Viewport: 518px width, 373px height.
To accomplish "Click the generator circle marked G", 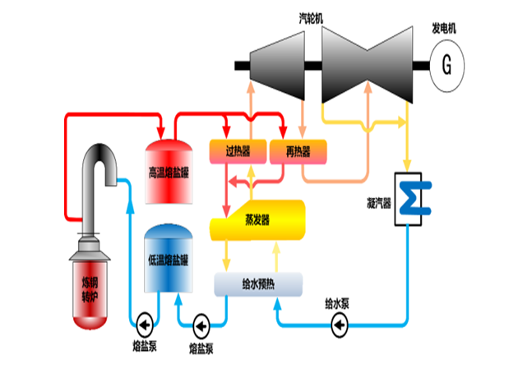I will [x=446, y=66].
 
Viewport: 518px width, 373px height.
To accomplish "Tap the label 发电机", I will [x=445, y=28].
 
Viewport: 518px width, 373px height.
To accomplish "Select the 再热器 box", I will [x=302, y=151].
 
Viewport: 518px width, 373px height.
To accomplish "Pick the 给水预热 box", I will [x=258, y=285].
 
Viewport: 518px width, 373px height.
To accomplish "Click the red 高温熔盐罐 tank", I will [x=169, y=173].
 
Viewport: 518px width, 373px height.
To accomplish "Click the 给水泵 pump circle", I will [x=338, y=325].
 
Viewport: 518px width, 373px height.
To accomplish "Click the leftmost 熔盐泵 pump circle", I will [x=146, y=321].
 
